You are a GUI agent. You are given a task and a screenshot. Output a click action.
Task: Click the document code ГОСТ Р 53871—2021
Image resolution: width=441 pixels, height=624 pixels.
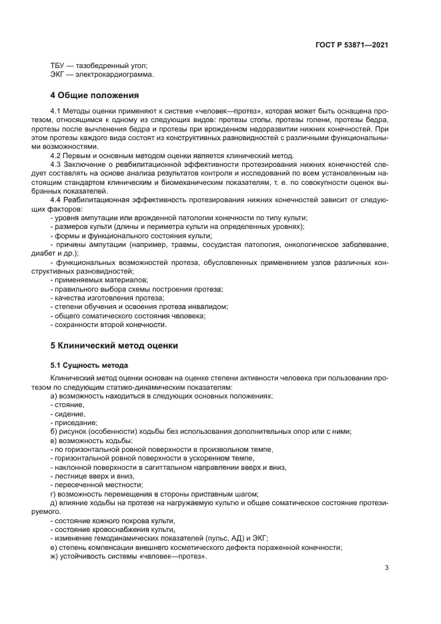tap(352, 45)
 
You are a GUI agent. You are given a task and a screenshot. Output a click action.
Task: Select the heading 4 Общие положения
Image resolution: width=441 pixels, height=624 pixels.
tap(95, 95)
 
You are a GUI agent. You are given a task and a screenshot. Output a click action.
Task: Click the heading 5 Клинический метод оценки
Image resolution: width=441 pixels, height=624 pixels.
tap(114, 346)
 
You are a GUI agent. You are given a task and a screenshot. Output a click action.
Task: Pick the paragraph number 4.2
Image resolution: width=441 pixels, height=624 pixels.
tap(56, 155)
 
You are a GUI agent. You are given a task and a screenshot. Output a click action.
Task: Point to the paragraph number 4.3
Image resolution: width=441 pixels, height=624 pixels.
tap(56, 164)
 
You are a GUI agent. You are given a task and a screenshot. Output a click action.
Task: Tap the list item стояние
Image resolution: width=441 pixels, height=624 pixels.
tap(68, 404)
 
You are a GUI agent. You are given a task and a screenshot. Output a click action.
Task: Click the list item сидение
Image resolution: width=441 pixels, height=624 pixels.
tap(67, 414)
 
